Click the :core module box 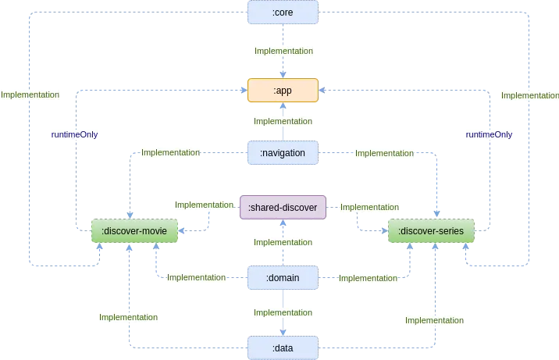tap(283, 12)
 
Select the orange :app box tap(283, 91)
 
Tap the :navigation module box tap(283, 153)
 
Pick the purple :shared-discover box tap(283, 207)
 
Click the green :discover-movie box tap(134, 231)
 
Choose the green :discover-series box tap(431, 231)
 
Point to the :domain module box tap(283, 277)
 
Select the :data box tap(283, 347)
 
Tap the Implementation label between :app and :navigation tap(283, 121)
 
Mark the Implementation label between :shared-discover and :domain tap(283, 243)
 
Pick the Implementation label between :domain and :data tap(283, 312)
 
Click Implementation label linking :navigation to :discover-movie tap(169, 153)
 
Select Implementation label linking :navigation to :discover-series tap(384, 154)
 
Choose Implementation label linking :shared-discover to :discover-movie tap(204, 205)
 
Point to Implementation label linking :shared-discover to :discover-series tap(369, 207)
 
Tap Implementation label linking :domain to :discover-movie tap(196, 277)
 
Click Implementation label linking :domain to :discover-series tap(368, 278)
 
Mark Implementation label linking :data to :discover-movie tap(128, 317)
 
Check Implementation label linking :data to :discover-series tap(434, 320)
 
